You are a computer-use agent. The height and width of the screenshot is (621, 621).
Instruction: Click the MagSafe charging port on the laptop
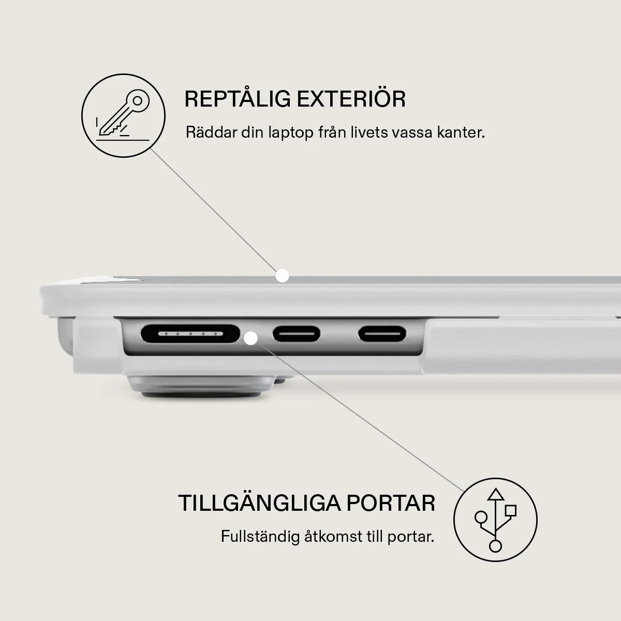coord(190,334)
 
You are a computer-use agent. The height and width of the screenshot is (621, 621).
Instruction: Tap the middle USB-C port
coord(297,334)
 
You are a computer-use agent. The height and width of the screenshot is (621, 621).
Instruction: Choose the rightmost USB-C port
coord(382,334)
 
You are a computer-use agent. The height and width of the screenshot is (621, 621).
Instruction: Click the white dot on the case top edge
coord(283,275)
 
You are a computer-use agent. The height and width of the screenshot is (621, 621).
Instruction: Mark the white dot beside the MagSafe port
coord(250,338)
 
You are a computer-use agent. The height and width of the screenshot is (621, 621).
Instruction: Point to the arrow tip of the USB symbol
coord(496,489)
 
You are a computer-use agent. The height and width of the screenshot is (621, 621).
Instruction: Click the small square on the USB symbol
coord(511,511)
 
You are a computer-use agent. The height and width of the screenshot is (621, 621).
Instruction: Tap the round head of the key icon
coord(138,101)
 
